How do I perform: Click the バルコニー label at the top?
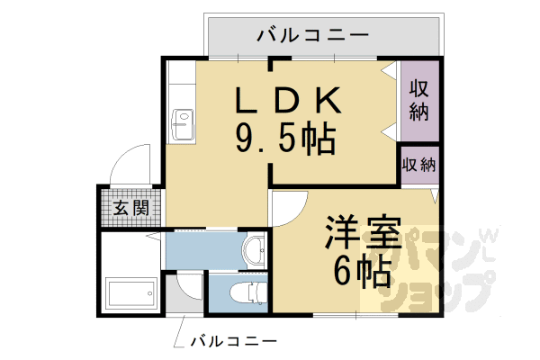[x=312, y=36]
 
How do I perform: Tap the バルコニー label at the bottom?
[x=232, y=341]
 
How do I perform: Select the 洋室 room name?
[x=356, y=232]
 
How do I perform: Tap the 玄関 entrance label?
[x=130, y=209]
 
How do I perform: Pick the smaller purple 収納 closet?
[x=419, y=166]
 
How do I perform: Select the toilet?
[x=240, y=293]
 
